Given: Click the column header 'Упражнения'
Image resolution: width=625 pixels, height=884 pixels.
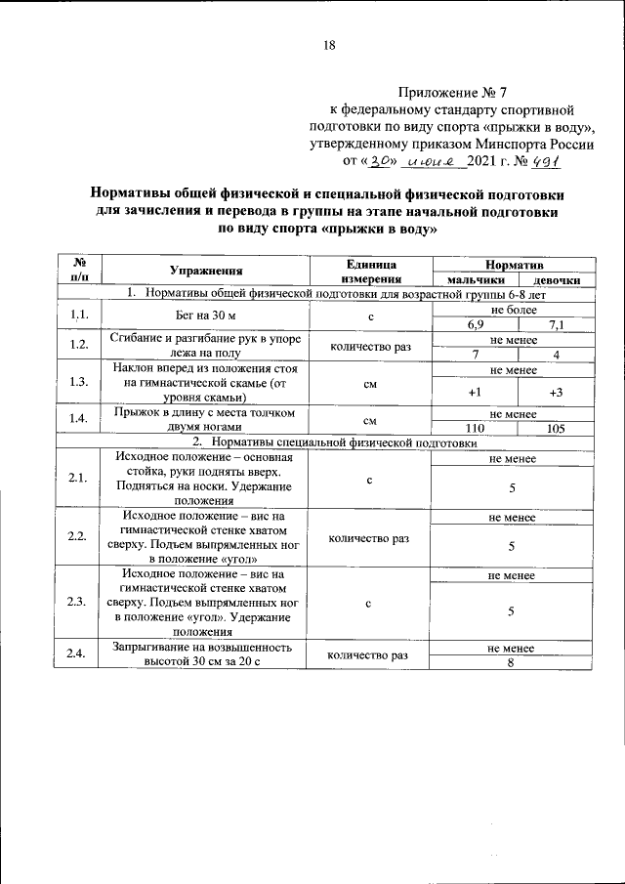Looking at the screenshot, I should pyautogui.click(x=205, y=271).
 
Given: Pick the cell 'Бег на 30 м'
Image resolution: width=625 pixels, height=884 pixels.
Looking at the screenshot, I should pyautogui.click(x=205, y=316).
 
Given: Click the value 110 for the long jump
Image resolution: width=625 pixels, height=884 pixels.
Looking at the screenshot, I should pyautogui.click(x=475, y=428).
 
